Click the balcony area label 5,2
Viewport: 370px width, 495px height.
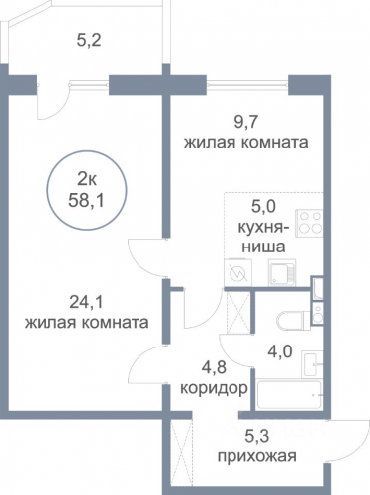[88, 41]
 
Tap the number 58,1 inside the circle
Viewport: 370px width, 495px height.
[86, 200]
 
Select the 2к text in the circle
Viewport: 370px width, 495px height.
[86, 180]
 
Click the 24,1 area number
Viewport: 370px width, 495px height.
[87, 301]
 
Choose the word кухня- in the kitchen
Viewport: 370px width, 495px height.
[263, 228]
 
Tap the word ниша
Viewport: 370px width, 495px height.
[263, 247]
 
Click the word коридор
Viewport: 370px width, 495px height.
[214, 388]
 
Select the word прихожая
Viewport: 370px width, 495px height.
[257, 457]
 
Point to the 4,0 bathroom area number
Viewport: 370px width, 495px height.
[280, 351]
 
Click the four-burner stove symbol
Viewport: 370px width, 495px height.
[309, 223]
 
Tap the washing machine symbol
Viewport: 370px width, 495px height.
[237, 273]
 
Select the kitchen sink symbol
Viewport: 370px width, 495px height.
[282, 272]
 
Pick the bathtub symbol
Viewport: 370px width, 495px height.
[289, 395]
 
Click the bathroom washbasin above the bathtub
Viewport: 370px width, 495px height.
[313, 364]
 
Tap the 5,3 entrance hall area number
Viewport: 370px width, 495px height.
[257, 437]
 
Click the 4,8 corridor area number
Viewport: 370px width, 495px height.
[214, 367]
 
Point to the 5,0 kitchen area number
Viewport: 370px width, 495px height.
[263, 208]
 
